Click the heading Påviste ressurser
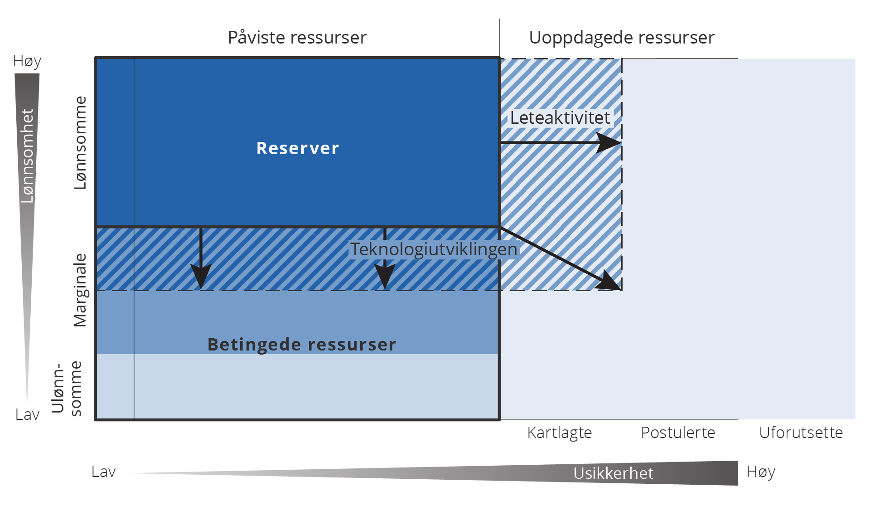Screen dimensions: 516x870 click(x=297, y=38)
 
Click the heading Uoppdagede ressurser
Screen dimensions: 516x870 click(x=622, y=38)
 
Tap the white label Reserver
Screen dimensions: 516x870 click(x=298, y=148)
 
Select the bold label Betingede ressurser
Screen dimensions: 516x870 click(x=302, y=345)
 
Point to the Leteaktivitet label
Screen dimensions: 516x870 click(x=560, y=118)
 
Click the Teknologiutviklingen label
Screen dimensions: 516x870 click(x=434, y=249)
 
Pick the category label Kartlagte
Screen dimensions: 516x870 click(x=560, y=433)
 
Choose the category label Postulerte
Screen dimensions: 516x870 click(x=678, y=433)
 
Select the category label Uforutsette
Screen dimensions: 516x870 click(x=801, y=433)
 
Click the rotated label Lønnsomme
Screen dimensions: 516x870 click(x=80, y=143)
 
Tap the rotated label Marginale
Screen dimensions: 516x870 click(x=80, y=290)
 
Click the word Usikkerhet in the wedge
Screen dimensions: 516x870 click(x=613, y=473)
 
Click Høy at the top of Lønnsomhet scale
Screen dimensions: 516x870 click(x=27, y=61)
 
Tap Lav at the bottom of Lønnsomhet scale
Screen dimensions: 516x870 click(x=27, y=414)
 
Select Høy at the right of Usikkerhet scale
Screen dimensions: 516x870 click(x=761, y=472)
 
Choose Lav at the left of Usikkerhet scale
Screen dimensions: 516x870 click(x=103, y=472)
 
